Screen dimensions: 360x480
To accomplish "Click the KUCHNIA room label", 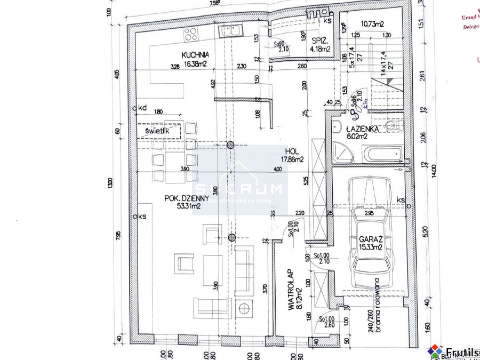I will pyautogui.click(x=195, y=54).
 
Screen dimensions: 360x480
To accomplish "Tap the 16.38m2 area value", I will pyautogui.click(x=195, y=63).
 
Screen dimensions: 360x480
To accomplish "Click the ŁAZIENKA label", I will pyautogui.click(x=362, y=129).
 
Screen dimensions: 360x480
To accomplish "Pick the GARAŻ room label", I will pyautogui.click(x=370, y=239).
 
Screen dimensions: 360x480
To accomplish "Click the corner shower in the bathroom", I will pyautogui.click(x=341, y=151).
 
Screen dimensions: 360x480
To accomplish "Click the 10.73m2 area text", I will pyautogui.click(x=373, y=24).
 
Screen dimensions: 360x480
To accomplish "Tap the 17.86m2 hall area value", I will pyautogui.click(x=293, y=159).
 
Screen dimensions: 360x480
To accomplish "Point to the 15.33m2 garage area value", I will pyautogui.click(x=370, y=247).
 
